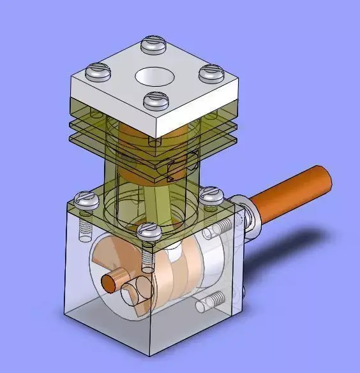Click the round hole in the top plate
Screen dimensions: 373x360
155,77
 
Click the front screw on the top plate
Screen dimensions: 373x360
155,99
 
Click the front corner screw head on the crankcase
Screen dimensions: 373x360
147,231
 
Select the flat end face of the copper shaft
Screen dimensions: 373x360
326,178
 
